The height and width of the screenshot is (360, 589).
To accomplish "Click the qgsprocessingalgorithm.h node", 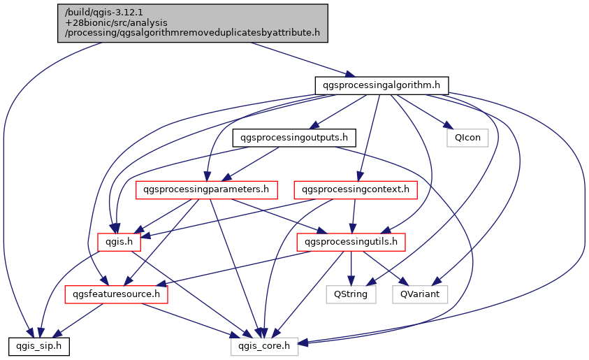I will click(381, 85).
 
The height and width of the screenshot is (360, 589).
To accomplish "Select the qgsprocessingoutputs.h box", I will click(294, 137).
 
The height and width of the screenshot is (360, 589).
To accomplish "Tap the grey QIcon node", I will click(467, 137).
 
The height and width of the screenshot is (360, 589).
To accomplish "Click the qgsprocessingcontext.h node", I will click(356, 189).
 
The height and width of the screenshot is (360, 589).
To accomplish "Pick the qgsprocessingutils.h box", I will click(351, 242).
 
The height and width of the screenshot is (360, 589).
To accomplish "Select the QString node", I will click(351, 294).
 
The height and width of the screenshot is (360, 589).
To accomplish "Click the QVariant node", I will click(420, 294).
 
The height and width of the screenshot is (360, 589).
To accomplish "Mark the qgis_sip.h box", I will click(39, 345).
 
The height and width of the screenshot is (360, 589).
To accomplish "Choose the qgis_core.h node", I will click(265, 345).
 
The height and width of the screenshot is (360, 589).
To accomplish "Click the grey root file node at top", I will click(192, 22).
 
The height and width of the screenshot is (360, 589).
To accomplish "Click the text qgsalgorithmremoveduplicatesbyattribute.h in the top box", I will click(210, 32).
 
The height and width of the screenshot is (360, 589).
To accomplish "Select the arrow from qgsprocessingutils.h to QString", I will click(351, 268).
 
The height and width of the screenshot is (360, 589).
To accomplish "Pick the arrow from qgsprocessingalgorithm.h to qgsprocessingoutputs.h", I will click(338, 111).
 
